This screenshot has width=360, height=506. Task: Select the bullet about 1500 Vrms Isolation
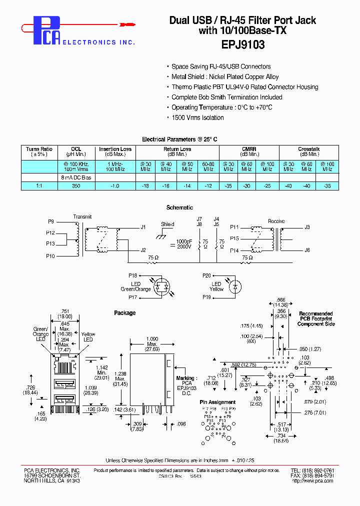[x=197, y=117]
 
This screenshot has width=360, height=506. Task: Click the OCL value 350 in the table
[x=76, y=185]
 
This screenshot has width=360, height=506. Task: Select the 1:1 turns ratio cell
[x=39, y=185]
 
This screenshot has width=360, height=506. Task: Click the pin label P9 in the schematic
[x=51, y=221]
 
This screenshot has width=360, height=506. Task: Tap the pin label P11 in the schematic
[x=234, y=227]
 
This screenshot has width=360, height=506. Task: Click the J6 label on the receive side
[x=307, y=250]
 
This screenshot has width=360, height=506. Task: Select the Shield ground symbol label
[x=167, y=224]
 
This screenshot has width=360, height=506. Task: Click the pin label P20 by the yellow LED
[x=207, y=275]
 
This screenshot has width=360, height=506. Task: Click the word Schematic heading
[x=179, y=207]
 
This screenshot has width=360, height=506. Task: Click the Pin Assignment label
[x=217, y=402]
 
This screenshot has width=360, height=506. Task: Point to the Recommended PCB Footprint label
[x=316, y=319]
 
